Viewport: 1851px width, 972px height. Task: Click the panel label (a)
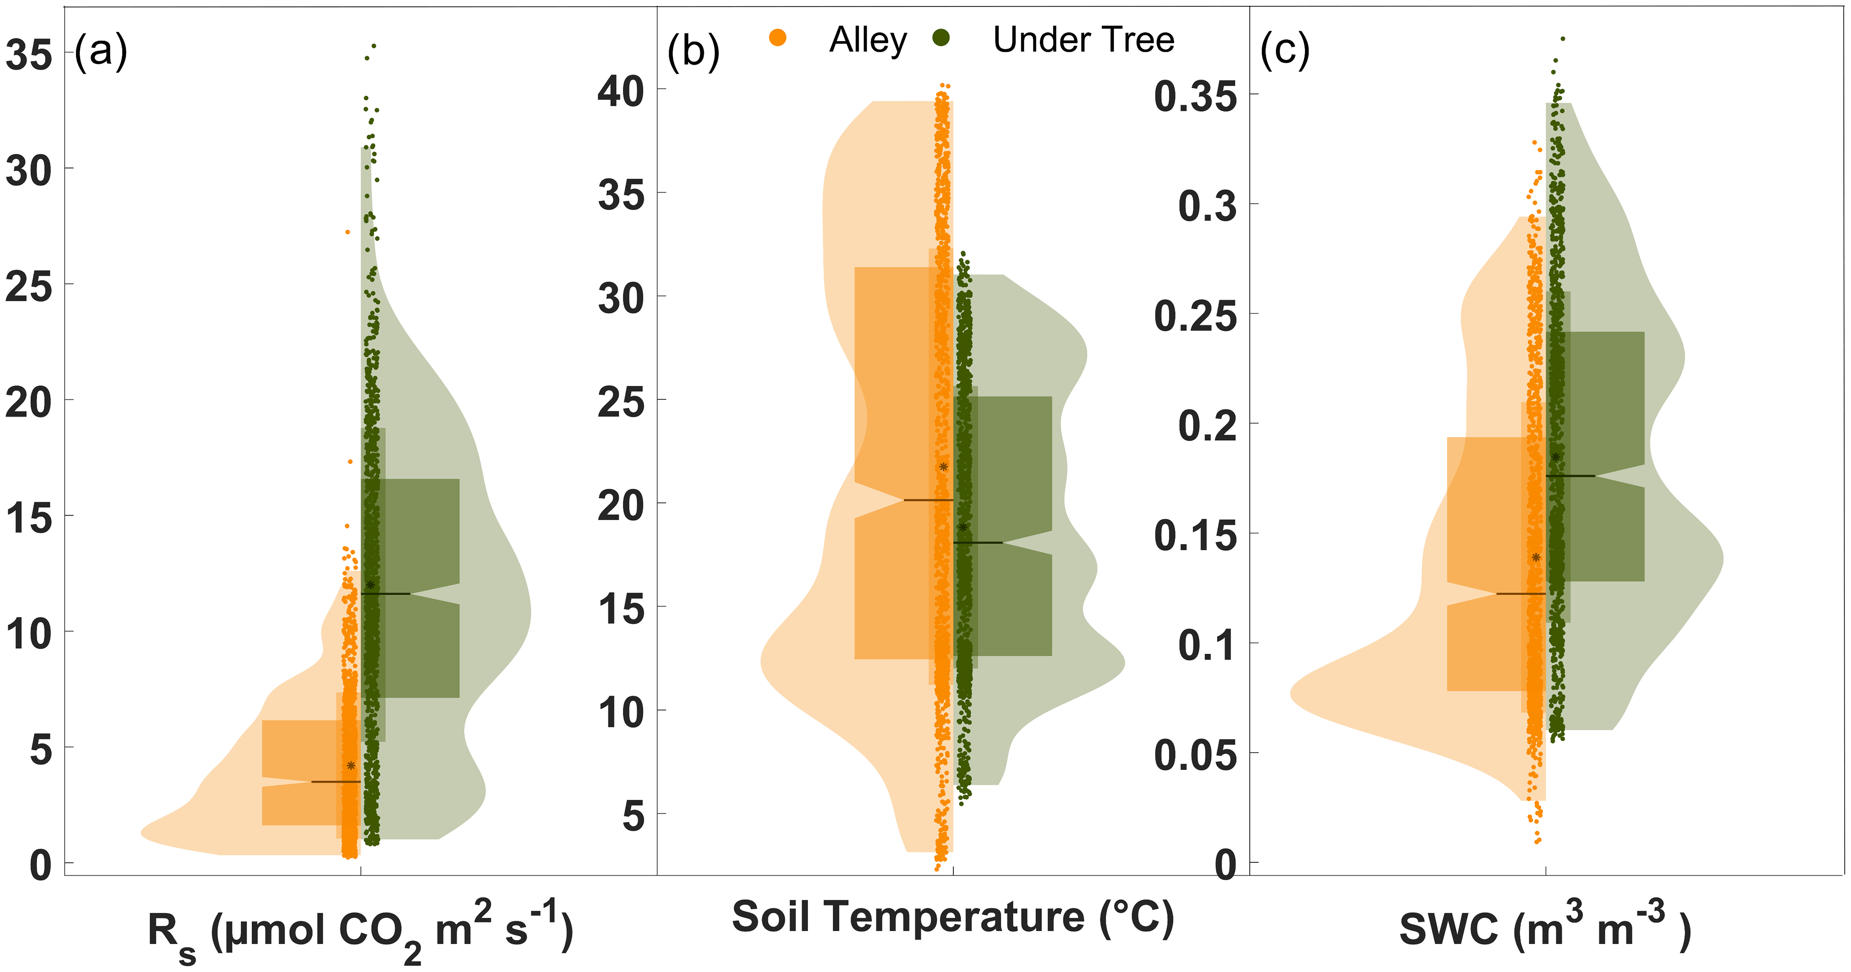pos(101,52)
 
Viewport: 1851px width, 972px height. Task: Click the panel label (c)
pos(1285,52)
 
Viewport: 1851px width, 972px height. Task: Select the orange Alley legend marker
pos(777,38)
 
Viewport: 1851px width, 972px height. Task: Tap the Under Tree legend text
pos(1084,40)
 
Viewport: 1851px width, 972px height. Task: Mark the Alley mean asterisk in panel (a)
pos(351,766)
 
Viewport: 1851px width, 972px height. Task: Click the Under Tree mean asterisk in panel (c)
pos(1556,457)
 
